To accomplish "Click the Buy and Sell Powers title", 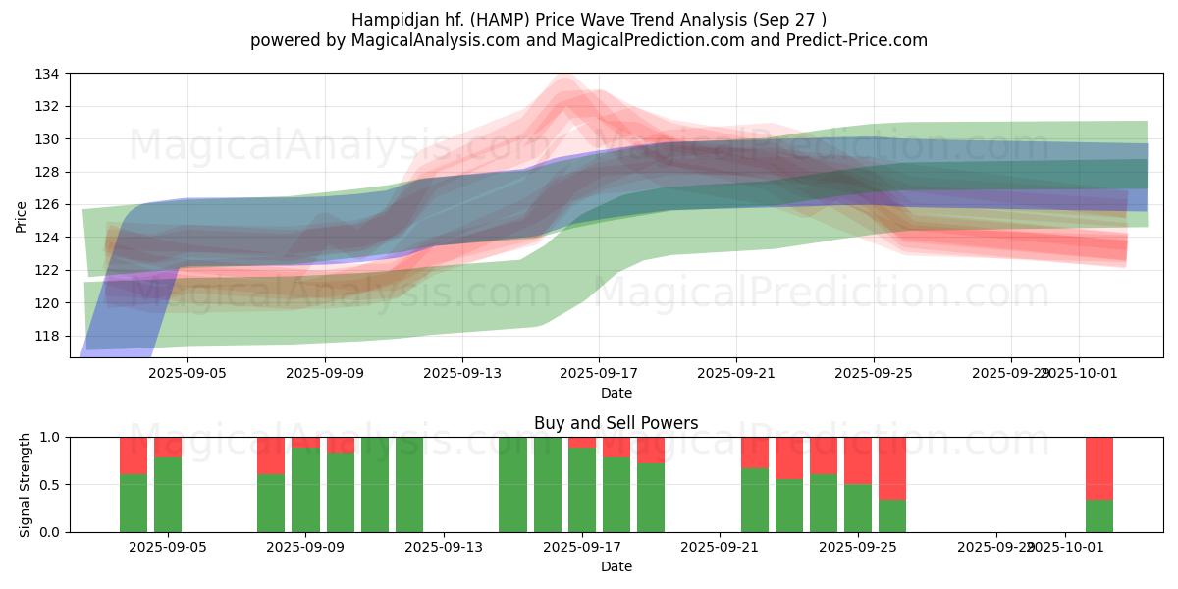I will [616, 423].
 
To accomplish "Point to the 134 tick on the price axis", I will [47, 74].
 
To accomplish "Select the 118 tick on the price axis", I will [47, 336].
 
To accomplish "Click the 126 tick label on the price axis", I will [47, 204].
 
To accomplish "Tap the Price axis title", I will [21, 216].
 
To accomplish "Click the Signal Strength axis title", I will [26, 484].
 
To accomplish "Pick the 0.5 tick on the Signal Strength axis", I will [50, 485].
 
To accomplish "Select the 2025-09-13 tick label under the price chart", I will [462, 373].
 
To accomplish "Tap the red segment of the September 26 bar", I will [892, 468].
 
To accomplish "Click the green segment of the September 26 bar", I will [892, 516].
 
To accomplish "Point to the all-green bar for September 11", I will [375, 485].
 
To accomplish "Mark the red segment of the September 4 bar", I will [134, 455].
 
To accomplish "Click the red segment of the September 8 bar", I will [271, 455].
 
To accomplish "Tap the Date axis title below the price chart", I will [616, 393].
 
